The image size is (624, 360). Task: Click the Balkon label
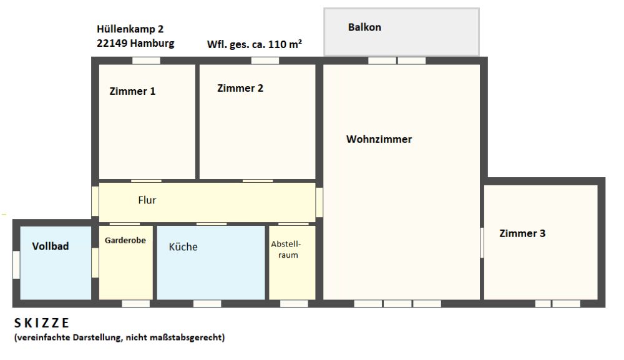point(364,27)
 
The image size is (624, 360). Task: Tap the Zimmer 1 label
point(132,91)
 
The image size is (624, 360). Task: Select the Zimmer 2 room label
point(240,88)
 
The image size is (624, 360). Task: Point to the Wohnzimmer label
point(379,139)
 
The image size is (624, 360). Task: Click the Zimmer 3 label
point(522,233)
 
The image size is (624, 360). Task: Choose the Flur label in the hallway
point(147,200)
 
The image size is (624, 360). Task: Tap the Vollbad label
point(51,246)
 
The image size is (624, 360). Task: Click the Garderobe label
point(125,240)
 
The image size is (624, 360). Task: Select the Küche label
point(183,246)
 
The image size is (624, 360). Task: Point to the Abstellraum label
point(286,250)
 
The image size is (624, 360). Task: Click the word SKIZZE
point(42,323)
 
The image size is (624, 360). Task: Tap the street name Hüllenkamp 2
point(130,29)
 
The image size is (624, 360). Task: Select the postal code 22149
point(112,43)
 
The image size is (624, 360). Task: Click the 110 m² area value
point(285,44)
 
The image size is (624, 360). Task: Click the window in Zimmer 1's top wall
point(147,61)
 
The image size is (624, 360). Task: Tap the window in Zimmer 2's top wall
point(265,61)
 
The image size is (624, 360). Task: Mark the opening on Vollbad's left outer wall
point(16,265)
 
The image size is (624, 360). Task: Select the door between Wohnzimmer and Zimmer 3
point(482,243)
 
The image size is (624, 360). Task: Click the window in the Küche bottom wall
point(207,303)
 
